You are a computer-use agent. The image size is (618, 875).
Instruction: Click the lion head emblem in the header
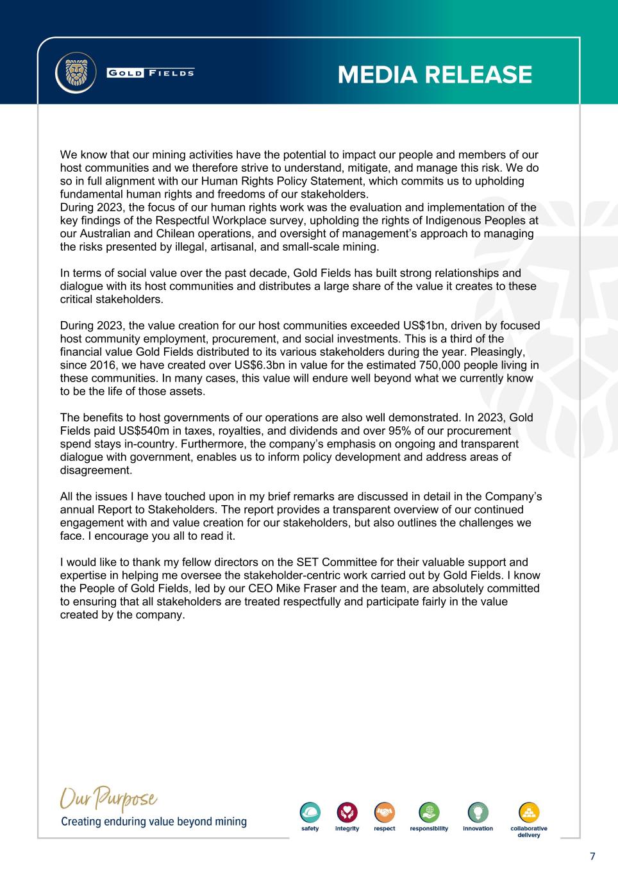point(76,72)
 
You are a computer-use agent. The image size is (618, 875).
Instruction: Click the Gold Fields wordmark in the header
point(151,72)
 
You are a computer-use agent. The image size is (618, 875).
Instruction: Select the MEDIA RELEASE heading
point(435,75)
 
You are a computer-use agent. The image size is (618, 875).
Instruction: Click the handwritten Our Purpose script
point(109,801)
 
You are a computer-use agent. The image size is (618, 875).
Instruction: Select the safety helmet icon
point(310,812)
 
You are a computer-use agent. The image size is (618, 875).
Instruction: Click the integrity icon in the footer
point(347,812)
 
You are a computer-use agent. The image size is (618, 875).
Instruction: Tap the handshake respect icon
point(385,812)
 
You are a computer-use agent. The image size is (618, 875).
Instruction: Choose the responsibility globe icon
point(429,812)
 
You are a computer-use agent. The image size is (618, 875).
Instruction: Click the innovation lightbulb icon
point(478,812)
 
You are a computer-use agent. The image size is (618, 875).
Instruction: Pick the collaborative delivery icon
point(529,812)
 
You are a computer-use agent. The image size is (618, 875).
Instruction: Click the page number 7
point(592,856)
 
